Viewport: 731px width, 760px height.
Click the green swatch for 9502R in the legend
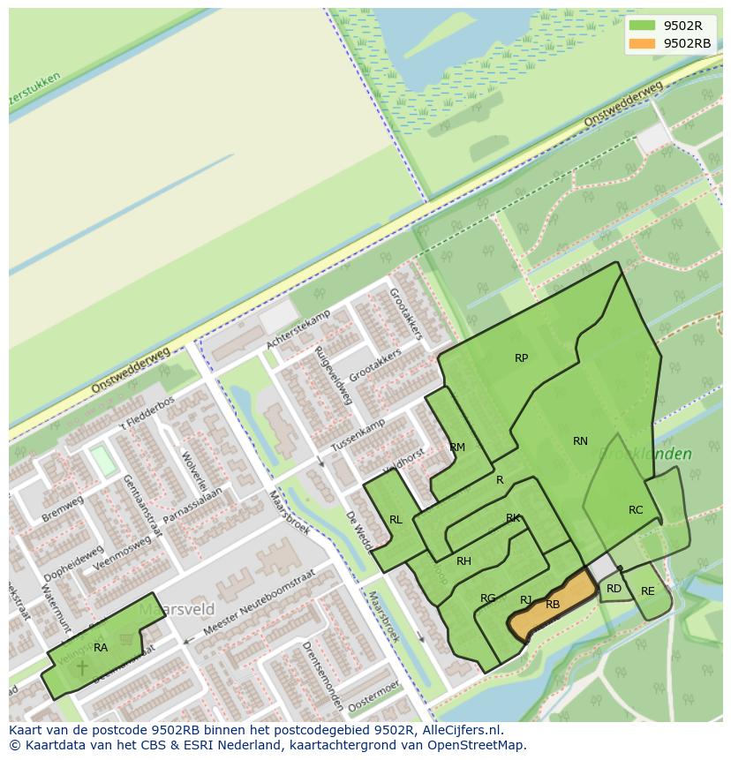pos(642,26)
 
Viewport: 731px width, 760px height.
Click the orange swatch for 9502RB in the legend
pos(642,43)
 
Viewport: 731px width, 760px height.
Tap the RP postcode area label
pos(521,358)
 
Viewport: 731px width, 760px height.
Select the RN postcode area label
pos(580,441)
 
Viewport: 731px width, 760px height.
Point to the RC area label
pos(636,510)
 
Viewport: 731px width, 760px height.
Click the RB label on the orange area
pos(553,605)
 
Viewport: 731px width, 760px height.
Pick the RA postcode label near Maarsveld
pos(101,648)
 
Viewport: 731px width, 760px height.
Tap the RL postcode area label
pos(396,520)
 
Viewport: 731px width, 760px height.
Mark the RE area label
pos(648,591)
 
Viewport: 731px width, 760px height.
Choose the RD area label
pos(614,589)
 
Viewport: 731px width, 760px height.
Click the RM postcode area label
pos(457,448)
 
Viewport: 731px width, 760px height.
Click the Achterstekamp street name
pos(298,329)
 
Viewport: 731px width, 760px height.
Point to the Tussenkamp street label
pos(359,433)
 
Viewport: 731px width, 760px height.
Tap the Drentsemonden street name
pos(322,676)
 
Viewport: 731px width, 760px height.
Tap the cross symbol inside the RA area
pos(82,667)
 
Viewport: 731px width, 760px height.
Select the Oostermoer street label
pos(374,697)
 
